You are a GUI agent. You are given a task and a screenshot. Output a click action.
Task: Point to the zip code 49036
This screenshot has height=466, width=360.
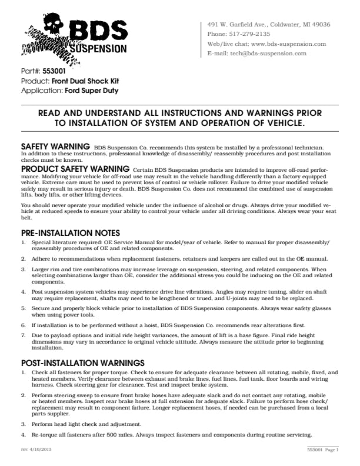320,25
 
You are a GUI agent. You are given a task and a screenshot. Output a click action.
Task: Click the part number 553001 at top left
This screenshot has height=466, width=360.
54,71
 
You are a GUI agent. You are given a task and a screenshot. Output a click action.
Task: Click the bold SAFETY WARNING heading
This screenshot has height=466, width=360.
55,145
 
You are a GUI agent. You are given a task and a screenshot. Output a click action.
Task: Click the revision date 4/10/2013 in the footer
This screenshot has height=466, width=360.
38,450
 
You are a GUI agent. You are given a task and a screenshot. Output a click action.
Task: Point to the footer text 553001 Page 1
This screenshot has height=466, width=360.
323,450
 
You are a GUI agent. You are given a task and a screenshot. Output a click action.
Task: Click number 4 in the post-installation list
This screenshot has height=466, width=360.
23,435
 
